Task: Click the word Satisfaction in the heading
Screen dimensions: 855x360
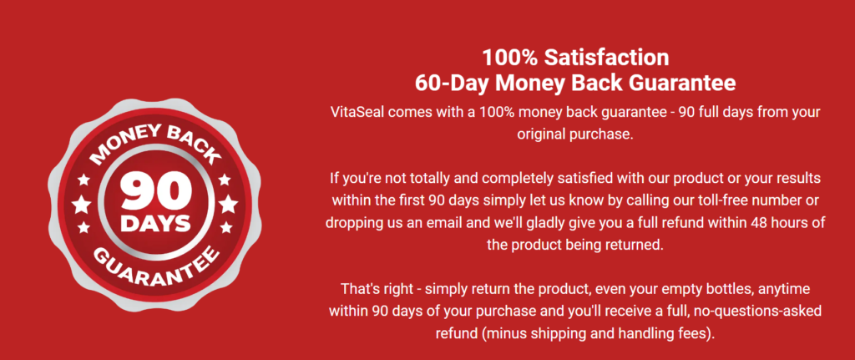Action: click(x=608, y=58)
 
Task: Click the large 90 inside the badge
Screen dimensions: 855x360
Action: click(x=155, y=192)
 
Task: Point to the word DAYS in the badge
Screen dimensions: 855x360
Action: click(x=155, y=224)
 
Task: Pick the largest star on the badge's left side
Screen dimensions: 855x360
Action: click(x=82, y=205)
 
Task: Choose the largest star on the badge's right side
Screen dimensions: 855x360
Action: click(x=229, y=205)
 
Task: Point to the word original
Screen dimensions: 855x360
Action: click(x=539, y=134)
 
